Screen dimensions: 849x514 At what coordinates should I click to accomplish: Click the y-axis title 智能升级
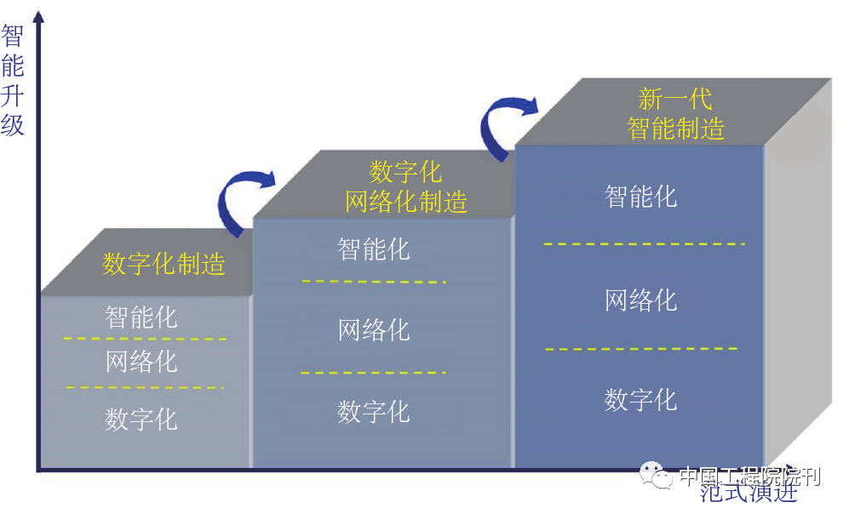(x=13, y=81)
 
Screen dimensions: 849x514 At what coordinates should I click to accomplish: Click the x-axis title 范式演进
(x=749, y=491)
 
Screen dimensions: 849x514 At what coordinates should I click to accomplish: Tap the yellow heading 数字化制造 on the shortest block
(x=163, y=263)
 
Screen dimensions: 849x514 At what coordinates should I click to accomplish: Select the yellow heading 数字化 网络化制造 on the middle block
(x=406, y=186)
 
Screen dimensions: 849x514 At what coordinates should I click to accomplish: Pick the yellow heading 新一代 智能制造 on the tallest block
(x=675, y=113)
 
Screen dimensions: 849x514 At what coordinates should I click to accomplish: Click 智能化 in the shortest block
(x=141, y=317)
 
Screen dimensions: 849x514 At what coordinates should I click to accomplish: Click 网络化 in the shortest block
(x=141, y=361)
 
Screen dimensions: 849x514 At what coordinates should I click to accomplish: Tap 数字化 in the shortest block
(x=141, y=419)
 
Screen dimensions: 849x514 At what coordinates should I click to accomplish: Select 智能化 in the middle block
(x=374, y=249)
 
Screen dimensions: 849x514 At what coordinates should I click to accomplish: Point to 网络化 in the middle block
(x=374, y=329)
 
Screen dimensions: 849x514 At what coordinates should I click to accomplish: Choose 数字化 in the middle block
(x=374, y=411)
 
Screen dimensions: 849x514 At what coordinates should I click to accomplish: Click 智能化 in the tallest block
(x=640, y=197)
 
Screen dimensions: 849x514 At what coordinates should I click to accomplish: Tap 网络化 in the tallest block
(x=640, y=300)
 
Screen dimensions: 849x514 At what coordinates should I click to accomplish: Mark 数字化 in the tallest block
(x=640, y=399)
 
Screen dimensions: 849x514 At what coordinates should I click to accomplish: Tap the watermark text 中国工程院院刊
(x=749, y=476)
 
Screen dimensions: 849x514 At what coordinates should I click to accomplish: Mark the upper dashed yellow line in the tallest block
(x=644, y=244)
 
